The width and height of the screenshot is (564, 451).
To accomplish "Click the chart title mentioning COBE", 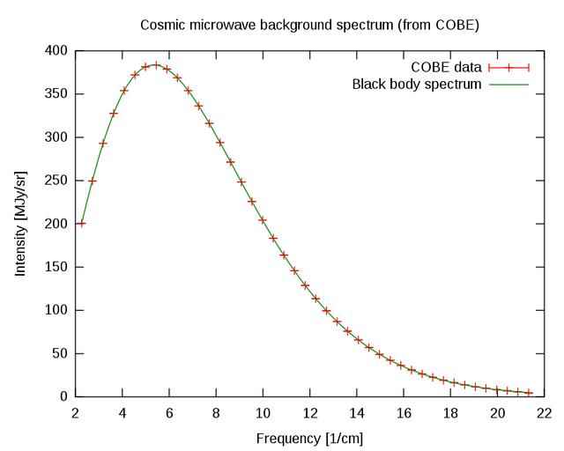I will point(309,25).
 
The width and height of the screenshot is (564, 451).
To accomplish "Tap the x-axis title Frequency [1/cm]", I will point(309,438).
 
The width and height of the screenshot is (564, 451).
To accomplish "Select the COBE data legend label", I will point(447,68).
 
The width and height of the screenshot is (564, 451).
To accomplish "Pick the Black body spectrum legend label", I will point(417,85).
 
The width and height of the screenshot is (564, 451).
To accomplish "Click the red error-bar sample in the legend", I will point(508,68).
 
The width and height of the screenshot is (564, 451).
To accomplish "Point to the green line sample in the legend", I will point(508,85).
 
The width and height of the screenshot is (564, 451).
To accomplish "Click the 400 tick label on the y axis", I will point(56,51).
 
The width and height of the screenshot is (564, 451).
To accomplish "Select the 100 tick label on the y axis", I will point(56,310).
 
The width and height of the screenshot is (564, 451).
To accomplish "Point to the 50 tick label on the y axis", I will point(59,353).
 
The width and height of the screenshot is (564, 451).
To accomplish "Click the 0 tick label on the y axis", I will point(63,396).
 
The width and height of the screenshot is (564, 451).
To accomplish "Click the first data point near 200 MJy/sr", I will point(82,223).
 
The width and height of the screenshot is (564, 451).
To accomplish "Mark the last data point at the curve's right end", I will point(530,393).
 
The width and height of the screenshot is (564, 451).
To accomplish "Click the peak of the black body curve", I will point(155,64).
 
